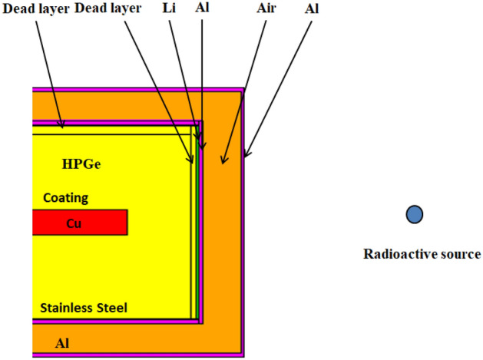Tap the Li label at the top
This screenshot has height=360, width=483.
170,8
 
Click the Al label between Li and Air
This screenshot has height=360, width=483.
202,8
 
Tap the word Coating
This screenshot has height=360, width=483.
65,198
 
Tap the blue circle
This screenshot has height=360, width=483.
415,215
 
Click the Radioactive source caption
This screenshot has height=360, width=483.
422,253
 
